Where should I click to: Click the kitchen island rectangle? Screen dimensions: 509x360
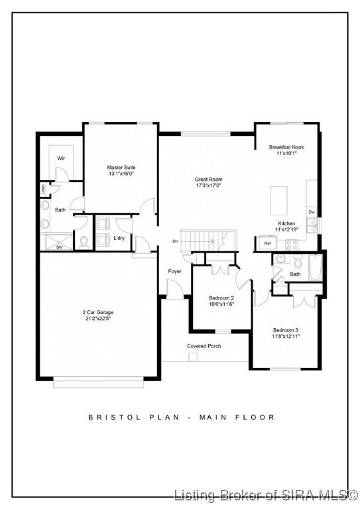[x=278, y=198]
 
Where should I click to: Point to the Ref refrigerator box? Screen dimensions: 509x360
[x=268, y=243]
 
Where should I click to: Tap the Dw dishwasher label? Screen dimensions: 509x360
[x=311, y=212]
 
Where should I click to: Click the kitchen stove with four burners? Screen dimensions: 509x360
[x=292, y=244]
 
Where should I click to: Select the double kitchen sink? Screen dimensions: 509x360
[x=311, y=226]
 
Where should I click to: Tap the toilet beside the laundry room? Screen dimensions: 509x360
[x=84, y=241]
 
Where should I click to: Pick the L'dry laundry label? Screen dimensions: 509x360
[x=120, y=238]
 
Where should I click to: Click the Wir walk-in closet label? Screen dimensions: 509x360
[x=61, y=158]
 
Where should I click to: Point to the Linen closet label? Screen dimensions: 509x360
[x=43, y=188]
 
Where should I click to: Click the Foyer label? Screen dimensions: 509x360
[x=174, y=271]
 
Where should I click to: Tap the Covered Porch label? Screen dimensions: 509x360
[x=204, y=346]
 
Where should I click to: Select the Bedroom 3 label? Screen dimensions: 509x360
[x=286, y=329]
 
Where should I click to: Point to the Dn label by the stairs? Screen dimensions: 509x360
[x=175, y=241]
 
